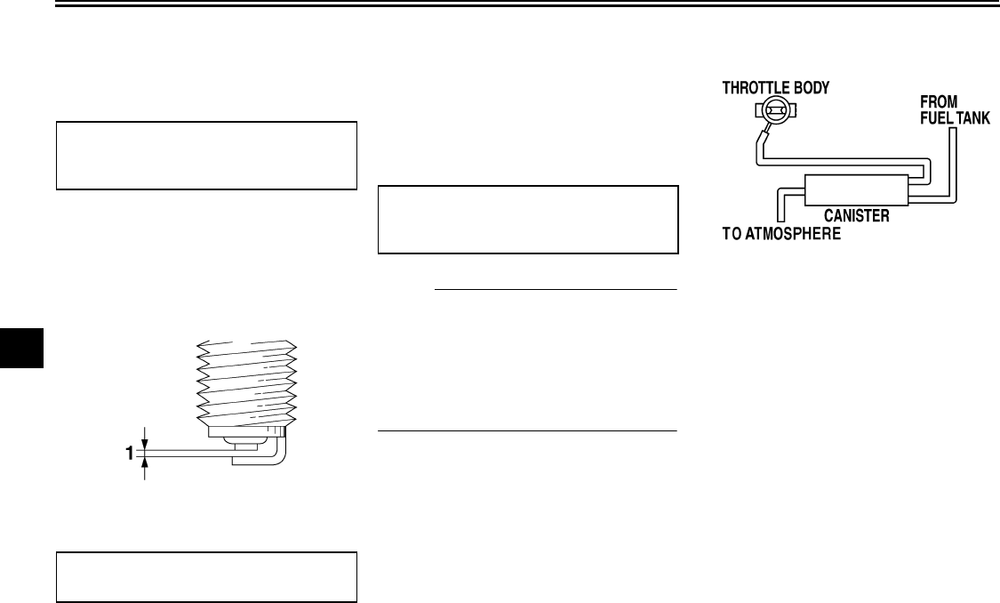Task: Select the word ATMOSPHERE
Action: pos(806,235)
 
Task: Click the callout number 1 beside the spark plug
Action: pos(129,453)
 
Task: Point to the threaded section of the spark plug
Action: pos(244,382)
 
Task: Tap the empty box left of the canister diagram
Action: pos(528,220)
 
